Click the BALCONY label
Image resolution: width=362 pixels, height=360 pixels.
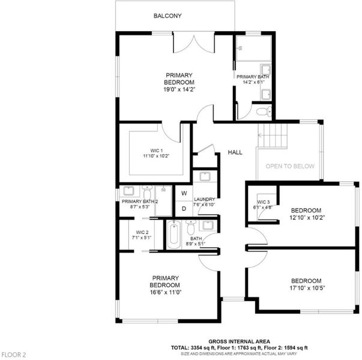click(x=167, y=16)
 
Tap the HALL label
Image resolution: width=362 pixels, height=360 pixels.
click(x=235, y=152)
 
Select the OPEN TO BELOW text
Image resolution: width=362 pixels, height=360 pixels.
click(x=290, y=166)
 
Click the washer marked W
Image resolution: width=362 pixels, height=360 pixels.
click(x=184, y=193)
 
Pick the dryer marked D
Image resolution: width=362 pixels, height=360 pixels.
click(x=184, y=209)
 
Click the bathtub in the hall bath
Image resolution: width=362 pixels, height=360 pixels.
click(x=174, y=235)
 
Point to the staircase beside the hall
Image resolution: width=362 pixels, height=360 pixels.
click(x=273, y=136)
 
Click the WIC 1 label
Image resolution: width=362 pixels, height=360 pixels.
click(x=157, y=151)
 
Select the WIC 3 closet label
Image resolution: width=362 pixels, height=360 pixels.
click(x=264, y=202)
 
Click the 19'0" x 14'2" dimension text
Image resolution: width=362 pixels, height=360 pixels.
click(x=179, y=89)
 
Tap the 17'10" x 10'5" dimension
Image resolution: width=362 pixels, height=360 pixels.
click(x=307, y=288)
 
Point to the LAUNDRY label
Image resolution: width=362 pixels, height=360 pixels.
click(x=205, y=199)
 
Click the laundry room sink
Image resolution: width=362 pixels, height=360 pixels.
click(x=205, y=176)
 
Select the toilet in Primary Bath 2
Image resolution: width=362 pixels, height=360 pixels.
click(x=147, y=191)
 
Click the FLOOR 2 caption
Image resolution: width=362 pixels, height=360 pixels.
click(x=14, y=355)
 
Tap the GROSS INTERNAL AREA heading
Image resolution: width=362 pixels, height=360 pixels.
click(x=239, y=341)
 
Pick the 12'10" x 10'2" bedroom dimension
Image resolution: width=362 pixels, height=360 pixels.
click(x=307, y=217)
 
